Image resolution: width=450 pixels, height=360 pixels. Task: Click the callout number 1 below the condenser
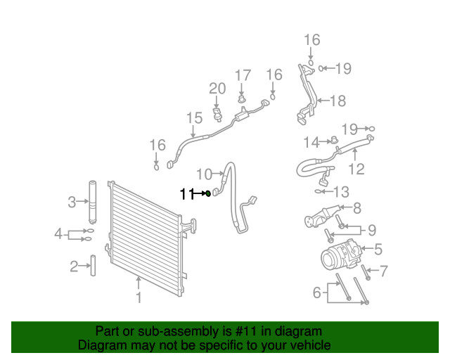click(x=139, y=298)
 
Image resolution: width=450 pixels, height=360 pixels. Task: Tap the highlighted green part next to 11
click(x=208, y=193)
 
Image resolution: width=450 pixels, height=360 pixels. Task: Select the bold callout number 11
click(x=186, y=194)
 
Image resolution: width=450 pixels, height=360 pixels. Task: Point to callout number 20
click(x=217, y=89)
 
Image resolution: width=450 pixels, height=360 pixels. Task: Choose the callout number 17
click(x=243, y=75)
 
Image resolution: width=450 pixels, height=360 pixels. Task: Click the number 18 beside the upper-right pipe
click(x=338, y=101)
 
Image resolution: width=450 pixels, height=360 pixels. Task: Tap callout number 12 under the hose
click(x=356, y=169)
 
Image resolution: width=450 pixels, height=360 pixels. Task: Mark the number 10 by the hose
click(x=204, y=174)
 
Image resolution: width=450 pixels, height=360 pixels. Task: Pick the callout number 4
click(x=59, y=233)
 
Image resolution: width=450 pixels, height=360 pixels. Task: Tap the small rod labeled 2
click(x=91, y=266)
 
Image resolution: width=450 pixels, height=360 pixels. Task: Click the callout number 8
click(x=356, y=208)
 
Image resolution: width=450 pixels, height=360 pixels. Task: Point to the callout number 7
click(x=383, y=270)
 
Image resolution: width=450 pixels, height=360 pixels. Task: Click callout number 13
click(x=340, y=191)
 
